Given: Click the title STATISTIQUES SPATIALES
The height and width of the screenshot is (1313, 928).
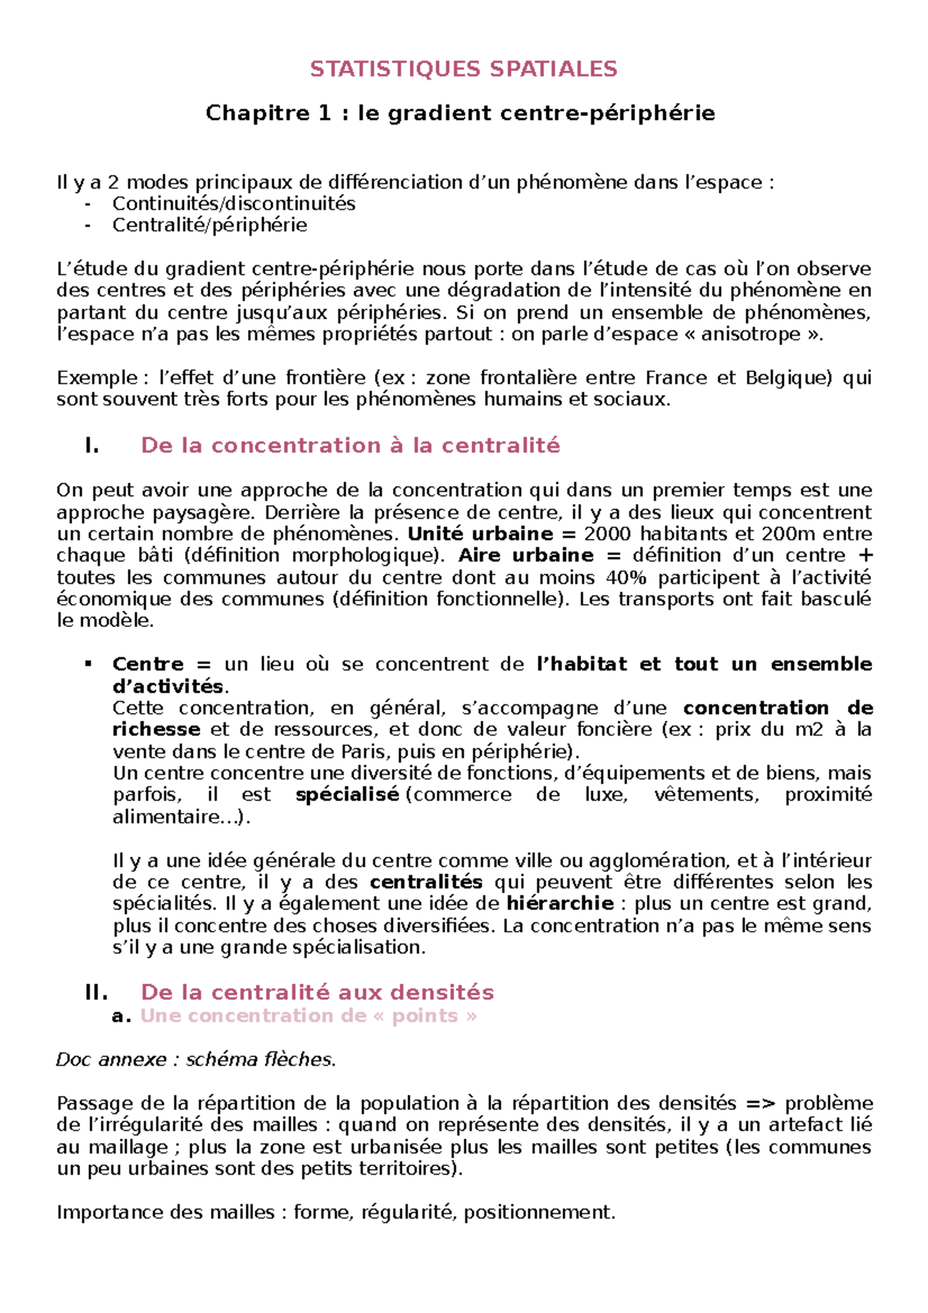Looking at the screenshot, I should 463,70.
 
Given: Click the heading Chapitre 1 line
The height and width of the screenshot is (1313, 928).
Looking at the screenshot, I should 460,114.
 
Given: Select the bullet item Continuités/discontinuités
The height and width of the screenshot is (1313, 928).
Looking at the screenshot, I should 234,204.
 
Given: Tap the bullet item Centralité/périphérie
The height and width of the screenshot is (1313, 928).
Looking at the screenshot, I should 210,226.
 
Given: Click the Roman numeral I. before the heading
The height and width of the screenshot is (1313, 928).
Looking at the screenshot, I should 91,446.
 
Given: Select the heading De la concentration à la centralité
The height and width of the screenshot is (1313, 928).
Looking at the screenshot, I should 350,446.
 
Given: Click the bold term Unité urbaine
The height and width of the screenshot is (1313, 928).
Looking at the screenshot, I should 479,534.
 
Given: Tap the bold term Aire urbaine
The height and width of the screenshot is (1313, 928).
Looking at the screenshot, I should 526,556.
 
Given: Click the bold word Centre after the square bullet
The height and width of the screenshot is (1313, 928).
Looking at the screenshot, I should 148,664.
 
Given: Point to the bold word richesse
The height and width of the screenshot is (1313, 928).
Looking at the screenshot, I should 156,730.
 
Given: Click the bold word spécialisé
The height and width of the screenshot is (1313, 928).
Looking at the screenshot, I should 347,795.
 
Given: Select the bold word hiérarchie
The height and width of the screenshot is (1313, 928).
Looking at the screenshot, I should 560,904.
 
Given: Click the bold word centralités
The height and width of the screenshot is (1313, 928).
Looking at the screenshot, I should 426,882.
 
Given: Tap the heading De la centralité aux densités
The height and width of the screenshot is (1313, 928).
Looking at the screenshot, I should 317,993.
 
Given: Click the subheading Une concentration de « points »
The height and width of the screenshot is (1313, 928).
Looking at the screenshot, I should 309,1016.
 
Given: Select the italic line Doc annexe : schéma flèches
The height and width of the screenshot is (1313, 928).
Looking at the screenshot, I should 196,1060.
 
